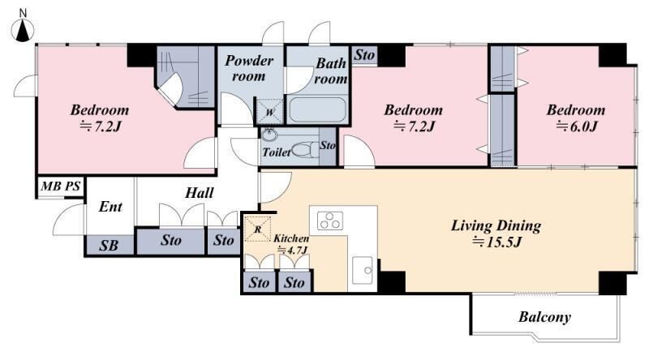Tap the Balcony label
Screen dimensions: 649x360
pos(544,317)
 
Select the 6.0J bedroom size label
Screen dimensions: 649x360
pos(576,126)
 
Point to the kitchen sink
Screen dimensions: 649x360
pos(362,270)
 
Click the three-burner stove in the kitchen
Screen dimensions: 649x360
pos(330,221)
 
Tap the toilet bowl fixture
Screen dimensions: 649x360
pos(305,150)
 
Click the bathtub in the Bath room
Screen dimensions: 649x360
pos(317,109)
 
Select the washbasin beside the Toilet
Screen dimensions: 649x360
pos(269,135)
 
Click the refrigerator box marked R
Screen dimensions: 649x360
pos(257,229)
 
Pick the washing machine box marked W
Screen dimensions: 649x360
pos(270,111)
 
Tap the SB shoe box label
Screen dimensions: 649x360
pos(109,246)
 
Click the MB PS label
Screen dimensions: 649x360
pos(60,186)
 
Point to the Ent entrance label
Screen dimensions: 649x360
pos(110,207)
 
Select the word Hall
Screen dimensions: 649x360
pos(199,192)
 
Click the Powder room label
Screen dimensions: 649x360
pos(249,68)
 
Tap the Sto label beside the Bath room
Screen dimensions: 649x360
pos(364,54)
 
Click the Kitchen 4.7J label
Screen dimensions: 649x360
pos(291,244)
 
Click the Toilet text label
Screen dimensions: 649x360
pos(276,152)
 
